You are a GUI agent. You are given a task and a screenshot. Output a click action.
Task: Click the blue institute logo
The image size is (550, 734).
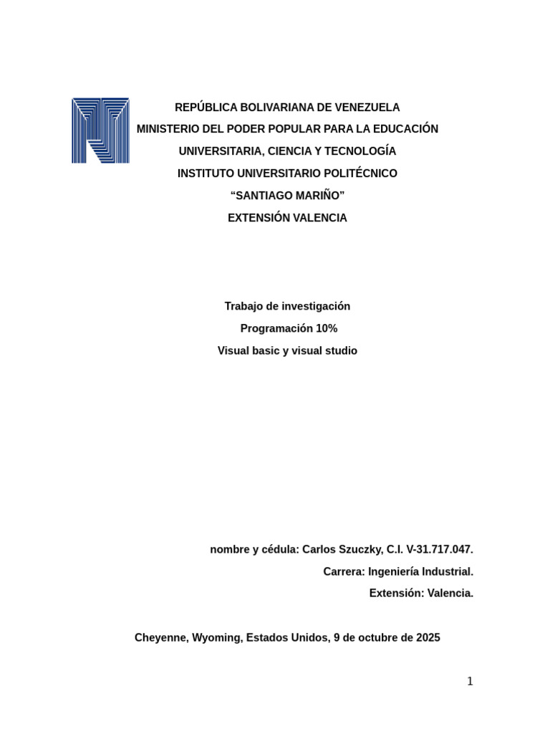tap(100, 130)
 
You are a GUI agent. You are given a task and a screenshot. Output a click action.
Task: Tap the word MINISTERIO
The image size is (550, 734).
tap(170, 130)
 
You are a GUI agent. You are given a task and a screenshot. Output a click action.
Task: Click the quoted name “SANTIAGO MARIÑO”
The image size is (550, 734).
tap(287, 196)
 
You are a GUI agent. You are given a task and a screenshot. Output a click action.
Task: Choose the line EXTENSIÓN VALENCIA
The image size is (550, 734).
tap(287, 219)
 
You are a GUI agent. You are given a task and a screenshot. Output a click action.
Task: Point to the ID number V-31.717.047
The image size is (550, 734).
tap(440, 550)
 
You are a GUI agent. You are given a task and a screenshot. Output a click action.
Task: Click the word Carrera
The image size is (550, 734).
tap(343, 572)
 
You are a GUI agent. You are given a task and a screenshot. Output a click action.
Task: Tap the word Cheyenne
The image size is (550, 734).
tap(160, 638)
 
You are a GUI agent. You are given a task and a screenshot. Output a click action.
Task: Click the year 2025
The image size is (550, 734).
tap(428, 638)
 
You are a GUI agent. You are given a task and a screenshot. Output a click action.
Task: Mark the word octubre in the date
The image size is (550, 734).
tap(377, 638)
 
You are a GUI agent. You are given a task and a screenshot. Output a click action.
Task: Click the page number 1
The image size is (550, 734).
tap(470, 682)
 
